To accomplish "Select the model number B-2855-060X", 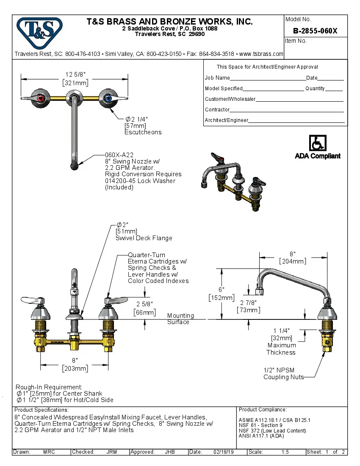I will pos(315,31).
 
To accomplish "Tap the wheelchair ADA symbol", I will pos(317,143).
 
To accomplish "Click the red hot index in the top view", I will pos(41,98).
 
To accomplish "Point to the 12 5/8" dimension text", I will pos(75,75).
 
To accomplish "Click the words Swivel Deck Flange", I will pos(144,238).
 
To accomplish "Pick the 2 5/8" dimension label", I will pos(144,304).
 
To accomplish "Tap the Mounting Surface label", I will pos(180,319).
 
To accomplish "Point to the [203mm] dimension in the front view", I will pos(75,369).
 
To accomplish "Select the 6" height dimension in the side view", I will pos(221,289).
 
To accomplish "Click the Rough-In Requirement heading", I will pos(49,387).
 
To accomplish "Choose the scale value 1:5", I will pos(285,452).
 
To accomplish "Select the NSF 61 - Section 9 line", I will pos(260,425).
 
